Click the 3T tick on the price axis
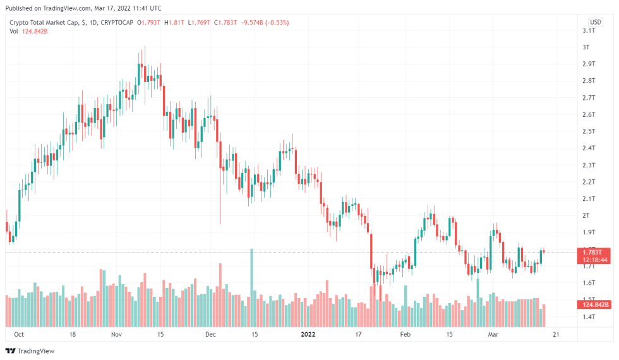pos(587,47)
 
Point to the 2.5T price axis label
pos(589,131)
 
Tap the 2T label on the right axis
pos(587,215)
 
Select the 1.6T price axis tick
pos(589,283)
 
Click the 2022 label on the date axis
pos(308,334)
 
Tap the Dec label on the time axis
pos(211,334)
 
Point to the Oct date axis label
pos(19,334)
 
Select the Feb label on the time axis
pos(406,334)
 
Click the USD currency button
pos(595,21)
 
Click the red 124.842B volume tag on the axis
pos(595,305)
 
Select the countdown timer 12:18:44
pos(595,260)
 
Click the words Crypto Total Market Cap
pos(44,23)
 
